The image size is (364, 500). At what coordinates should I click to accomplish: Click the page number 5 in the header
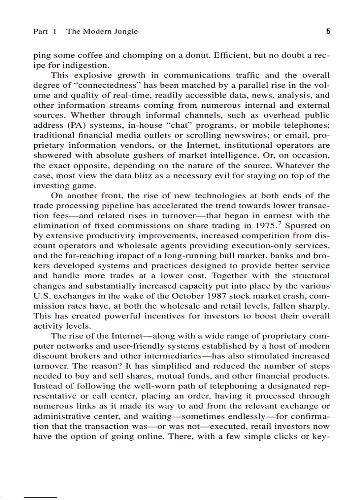pos(328,31)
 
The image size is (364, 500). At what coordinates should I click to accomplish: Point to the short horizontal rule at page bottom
pos(40,496)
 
